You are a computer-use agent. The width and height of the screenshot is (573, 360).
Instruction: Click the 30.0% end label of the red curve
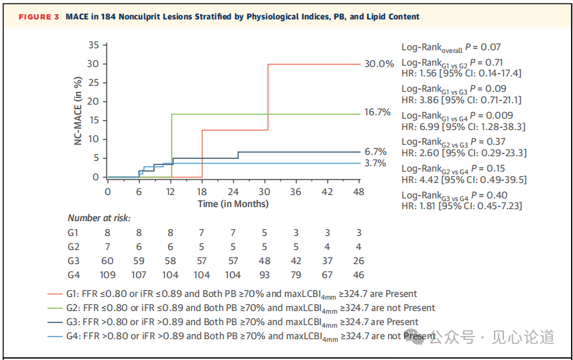(x=379, y=64)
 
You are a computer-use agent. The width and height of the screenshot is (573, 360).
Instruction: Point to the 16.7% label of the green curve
(x=377, y=113)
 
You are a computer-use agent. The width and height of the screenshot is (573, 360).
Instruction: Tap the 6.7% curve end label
(x=375, y=152)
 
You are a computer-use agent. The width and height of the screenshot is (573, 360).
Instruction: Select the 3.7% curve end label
(x=375, y=163)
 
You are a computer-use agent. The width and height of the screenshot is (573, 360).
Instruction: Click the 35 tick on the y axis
(x=93, y=45)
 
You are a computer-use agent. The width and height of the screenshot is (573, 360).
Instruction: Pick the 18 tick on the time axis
(x=202, y=191)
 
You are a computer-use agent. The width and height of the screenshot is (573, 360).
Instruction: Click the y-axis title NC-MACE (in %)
(x=78, y=111)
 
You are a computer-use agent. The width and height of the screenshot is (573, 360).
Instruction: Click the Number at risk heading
(x=99, y=218)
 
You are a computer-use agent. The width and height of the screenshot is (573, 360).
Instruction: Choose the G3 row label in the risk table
(x=74, y=261)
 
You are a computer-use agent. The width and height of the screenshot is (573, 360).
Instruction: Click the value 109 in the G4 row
(x=107, y=275)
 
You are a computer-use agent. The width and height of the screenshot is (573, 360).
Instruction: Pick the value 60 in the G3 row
(x=107, y=261)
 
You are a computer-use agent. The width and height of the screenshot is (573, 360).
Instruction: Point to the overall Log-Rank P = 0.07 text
(x=451, y=47)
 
